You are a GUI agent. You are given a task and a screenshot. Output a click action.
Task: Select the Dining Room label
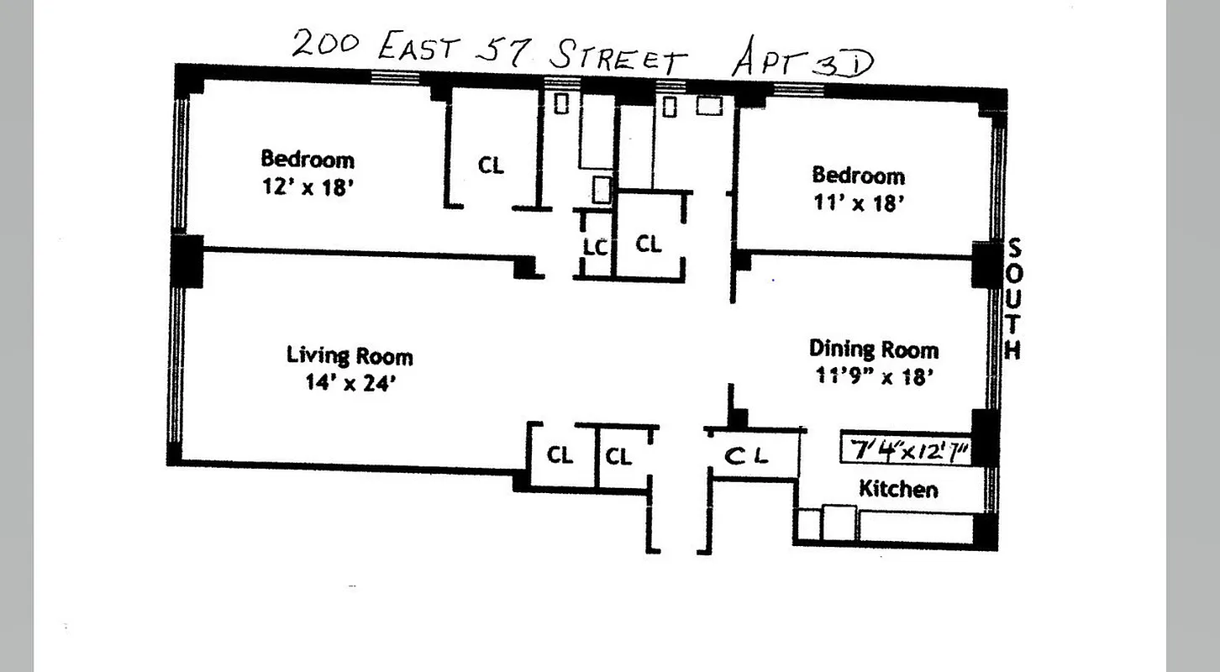(x=873, y=349)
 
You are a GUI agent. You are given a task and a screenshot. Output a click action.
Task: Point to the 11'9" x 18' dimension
(x=875, y=376)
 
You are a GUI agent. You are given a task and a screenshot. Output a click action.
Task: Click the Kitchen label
(x=897, y=489)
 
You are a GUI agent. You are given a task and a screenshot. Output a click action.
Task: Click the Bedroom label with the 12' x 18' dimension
(x=308, y=159)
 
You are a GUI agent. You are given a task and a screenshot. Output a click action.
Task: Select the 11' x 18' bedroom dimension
(x=858, y=204)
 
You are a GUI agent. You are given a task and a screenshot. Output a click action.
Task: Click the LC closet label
(x=595, y=247)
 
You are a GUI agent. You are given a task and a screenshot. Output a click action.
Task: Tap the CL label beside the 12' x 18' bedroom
(x=492, y=165)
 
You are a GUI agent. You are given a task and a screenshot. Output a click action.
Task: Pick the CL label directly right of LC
(x=648, y=244)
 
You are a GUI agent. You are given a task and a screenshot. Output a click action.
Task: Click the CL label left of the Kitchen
(x=747, y=456)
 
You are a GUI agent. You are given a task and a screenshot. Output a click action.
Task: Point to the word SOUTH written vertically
(x=1014, y=299)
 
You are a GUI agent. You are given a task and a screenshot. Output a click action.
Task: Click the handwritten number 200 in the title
(x=326, y=43)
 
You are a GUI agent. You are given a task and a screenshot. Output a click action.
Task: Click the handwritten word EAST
(x=418, y=47)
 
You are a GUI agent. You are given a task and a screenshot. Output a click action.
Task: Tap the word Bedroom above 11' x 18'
(x=858, y=176)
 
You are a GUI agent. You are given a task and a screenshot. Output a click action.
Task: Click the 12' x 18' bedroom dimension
(x=306, y=187)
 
